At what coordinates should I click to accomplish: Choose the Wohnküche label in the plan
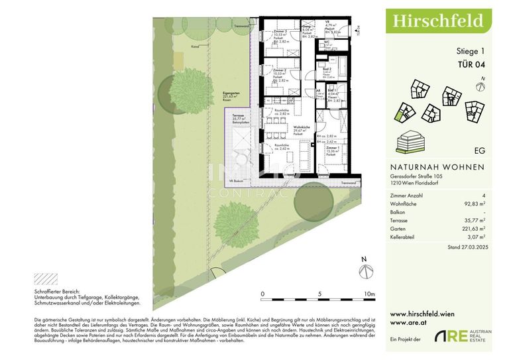click(303, 127)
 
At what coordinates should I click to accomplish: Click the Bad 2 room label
click(327, 70)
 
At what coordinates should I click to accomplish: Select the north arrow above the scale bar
click(363, 269)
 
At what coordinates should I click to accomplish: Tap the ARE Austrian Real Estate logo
click(463, 336)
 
